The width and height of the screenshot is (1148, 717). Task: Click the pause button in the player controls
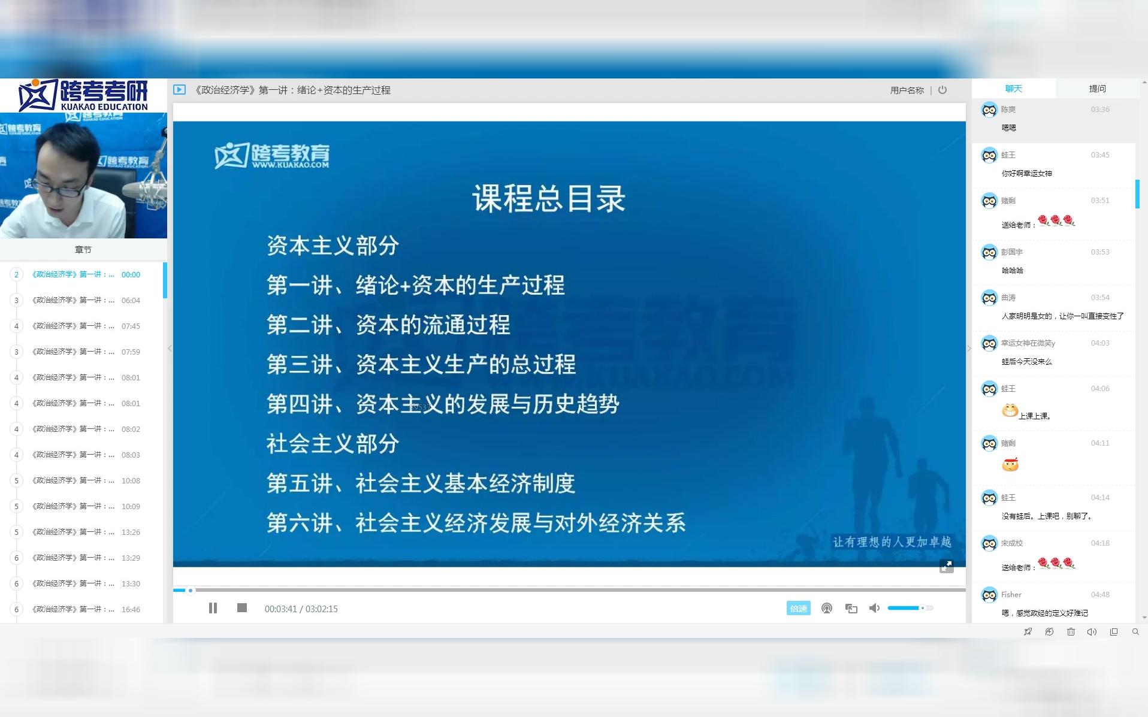click(213, 608)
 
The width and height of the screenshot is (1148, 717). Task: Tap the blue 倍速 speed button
click(798, 608)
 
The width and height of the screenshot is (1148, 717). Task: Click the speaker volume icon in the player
click(875, 608)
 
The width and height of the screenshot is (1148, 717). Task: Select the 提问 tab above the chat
click(1097, 89)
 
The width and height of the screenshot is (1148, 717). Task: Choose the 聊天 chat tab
click(1013, 89)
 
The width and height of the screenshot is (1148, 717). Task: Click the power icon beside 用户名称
click(942, 90)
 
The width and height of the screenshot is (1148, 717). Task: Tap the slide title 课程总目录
click(548, 198)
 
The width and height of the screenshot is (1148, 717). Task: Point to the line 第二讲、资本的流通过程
click(388, 325)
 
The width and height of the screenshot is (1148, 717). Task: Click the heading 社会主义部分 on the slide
click(333, 444)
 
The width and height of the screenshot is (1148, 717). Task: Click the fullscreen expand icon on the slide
click(946, 566)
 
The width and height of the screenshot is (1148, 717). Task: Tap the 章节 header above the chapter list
click(83, 250)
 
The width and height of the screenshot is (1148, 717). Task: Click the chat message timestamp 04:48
click(1100, 595)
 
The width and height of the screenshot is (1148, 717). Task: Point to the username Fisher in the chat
click(1011, 595)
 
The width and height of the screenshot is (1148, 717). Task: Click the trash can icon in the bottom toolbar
click(1071, 632)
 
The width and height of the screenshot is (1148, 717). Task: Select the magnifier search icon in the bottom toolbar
click(1135, 632)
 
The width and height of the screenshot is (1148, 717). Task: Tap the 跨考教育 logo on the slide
click(272, 156)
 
